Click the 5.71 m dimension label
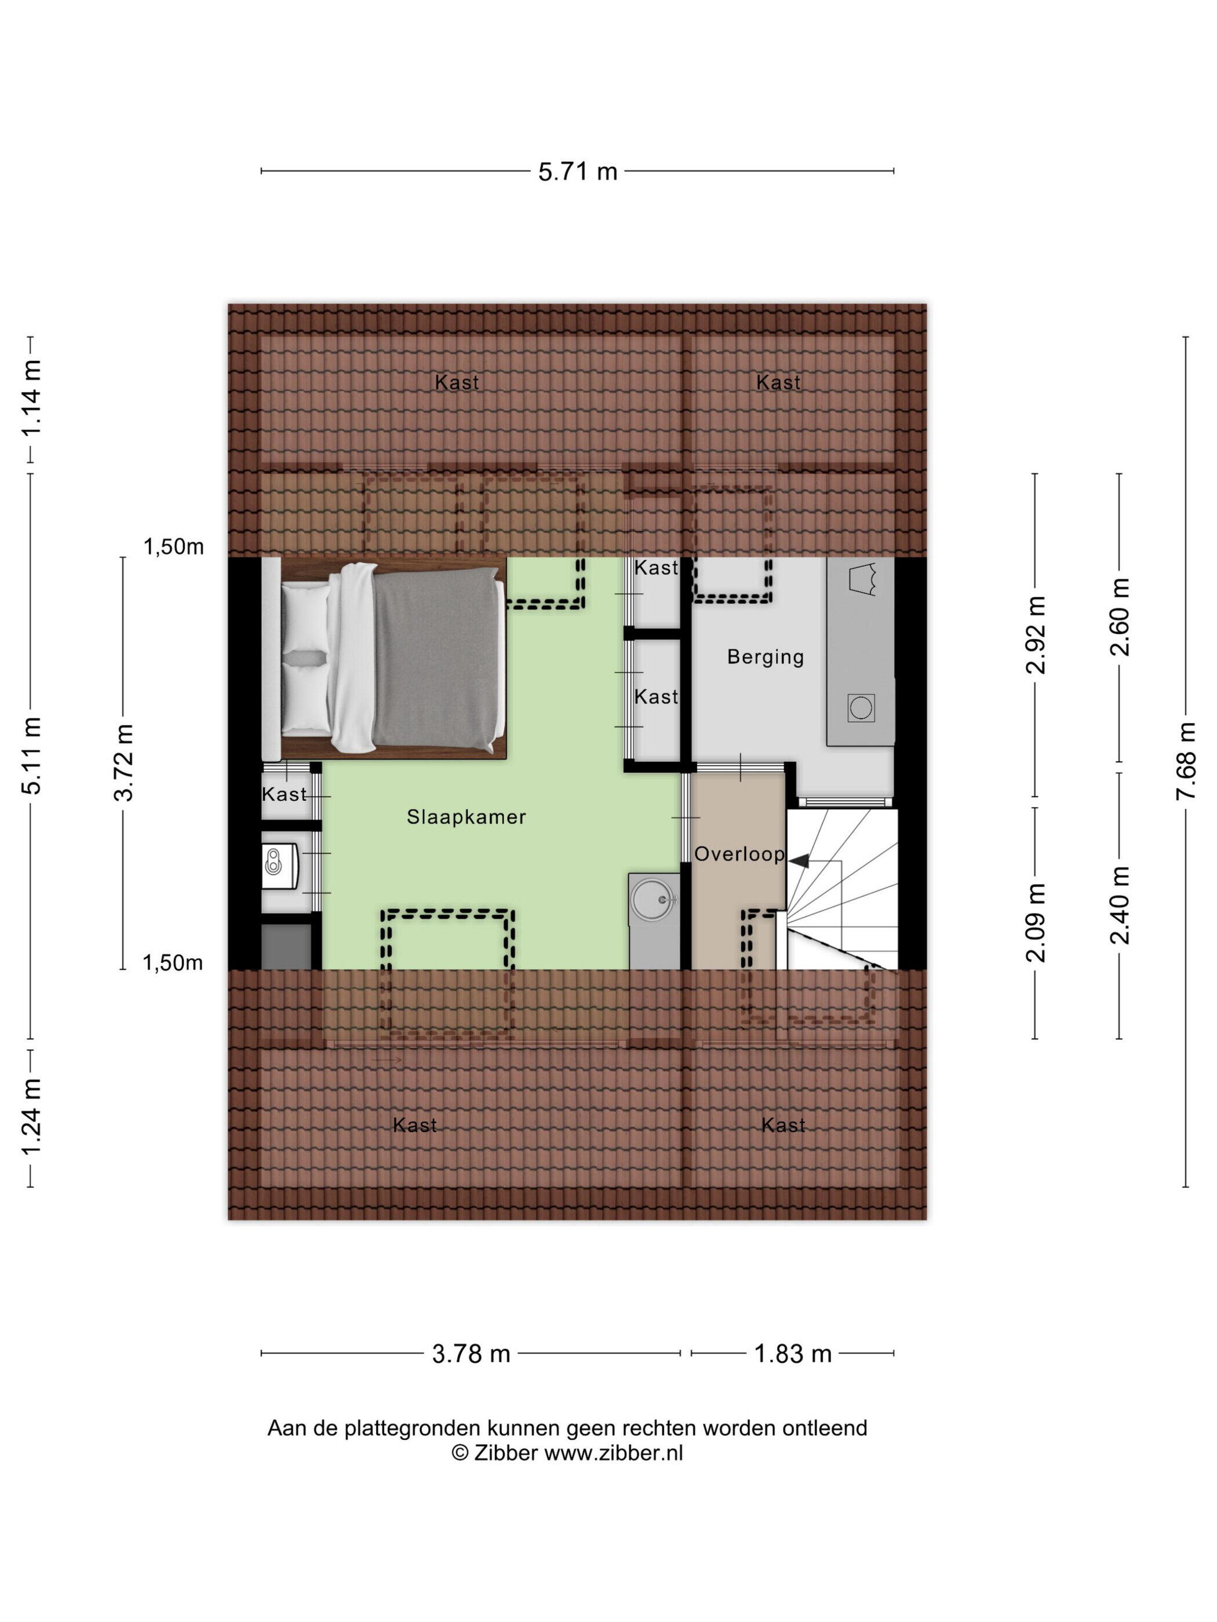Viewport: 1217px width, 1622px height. [x=577, y=171]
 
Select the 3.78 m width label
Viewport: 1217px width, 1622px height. [x=471, y=1354]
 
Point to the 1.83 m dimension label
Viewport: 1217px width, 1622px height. [x=793, y=1354]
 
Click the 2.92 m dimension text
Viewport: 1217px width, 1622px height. [x=1035, y=635]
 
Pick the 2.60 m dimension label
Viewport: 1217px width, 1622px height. [x=1120, y=617]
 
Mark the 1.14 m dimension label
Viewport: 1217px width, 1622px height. [x=31, y=398]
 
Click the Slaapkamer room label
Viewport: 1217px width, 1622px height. [x=467, y=817]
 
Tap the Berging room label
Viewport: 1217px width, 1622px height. [x=765, y=657]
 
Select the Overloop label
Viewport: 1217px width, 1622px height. [x=739, y=853]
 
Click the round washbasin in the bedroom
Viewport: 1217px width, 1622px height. [x=654, y=899]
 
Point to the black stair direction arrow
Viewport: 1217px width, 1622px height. [x=798, y=860]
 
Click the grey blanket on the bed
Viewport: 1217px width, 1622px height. [x=439, y=661]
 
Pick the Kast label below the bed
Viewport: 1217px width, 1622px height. [x=284, y=794]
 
